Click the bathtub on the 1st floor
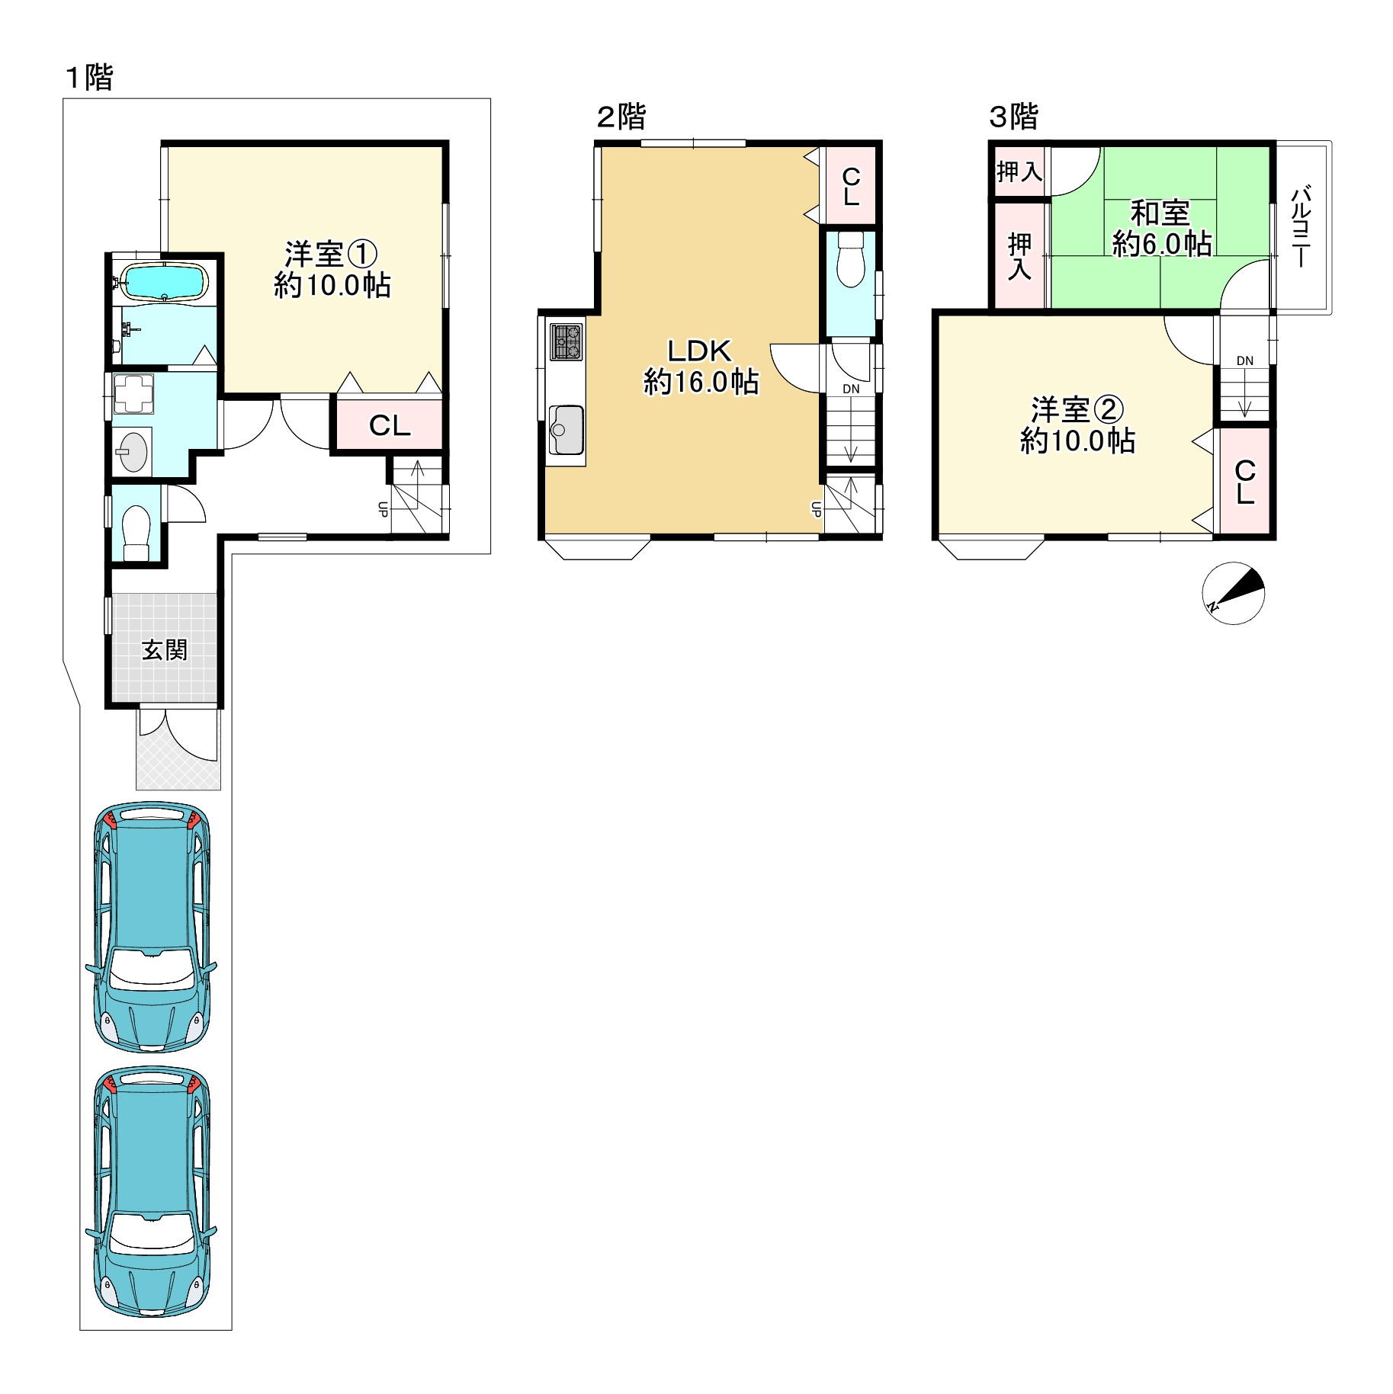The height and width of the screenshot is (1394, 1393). (164, 281)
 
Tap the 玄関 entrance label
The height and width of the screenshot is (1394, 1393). (165, 650)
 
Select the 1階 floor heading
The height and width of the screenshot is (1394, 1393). (89, 77)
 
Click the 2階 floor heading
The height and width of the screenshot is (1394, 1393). (621, 117)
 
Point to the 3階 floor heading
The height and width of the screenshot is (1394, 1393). (1014, 117)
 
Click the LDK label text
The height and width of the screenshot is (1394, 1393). (699, 351)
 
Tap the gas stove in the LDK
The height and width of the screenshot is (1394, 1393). (566, 341)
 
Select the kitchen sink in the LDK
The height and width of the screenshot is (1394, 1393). (566, 430)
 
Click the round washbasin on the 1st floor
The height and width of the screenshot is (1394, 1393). (133, 452)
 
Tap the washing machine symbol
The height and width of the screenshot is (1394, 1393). (133, 393)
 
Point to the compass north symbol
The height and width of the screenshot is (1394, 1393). (1233, 593)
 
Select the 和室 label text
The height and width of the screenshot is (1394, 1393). (1160, 213)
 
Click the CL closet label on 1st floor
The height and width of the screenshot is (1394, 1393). (390, 425)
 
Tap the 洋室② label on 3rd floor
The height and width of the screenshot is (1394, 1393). (1077, 410)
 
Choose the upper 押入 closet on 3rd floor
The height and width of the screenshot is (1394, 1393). (1019, 171)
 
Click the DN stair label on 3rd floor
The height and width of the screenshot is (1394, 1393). (1245, 361)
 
